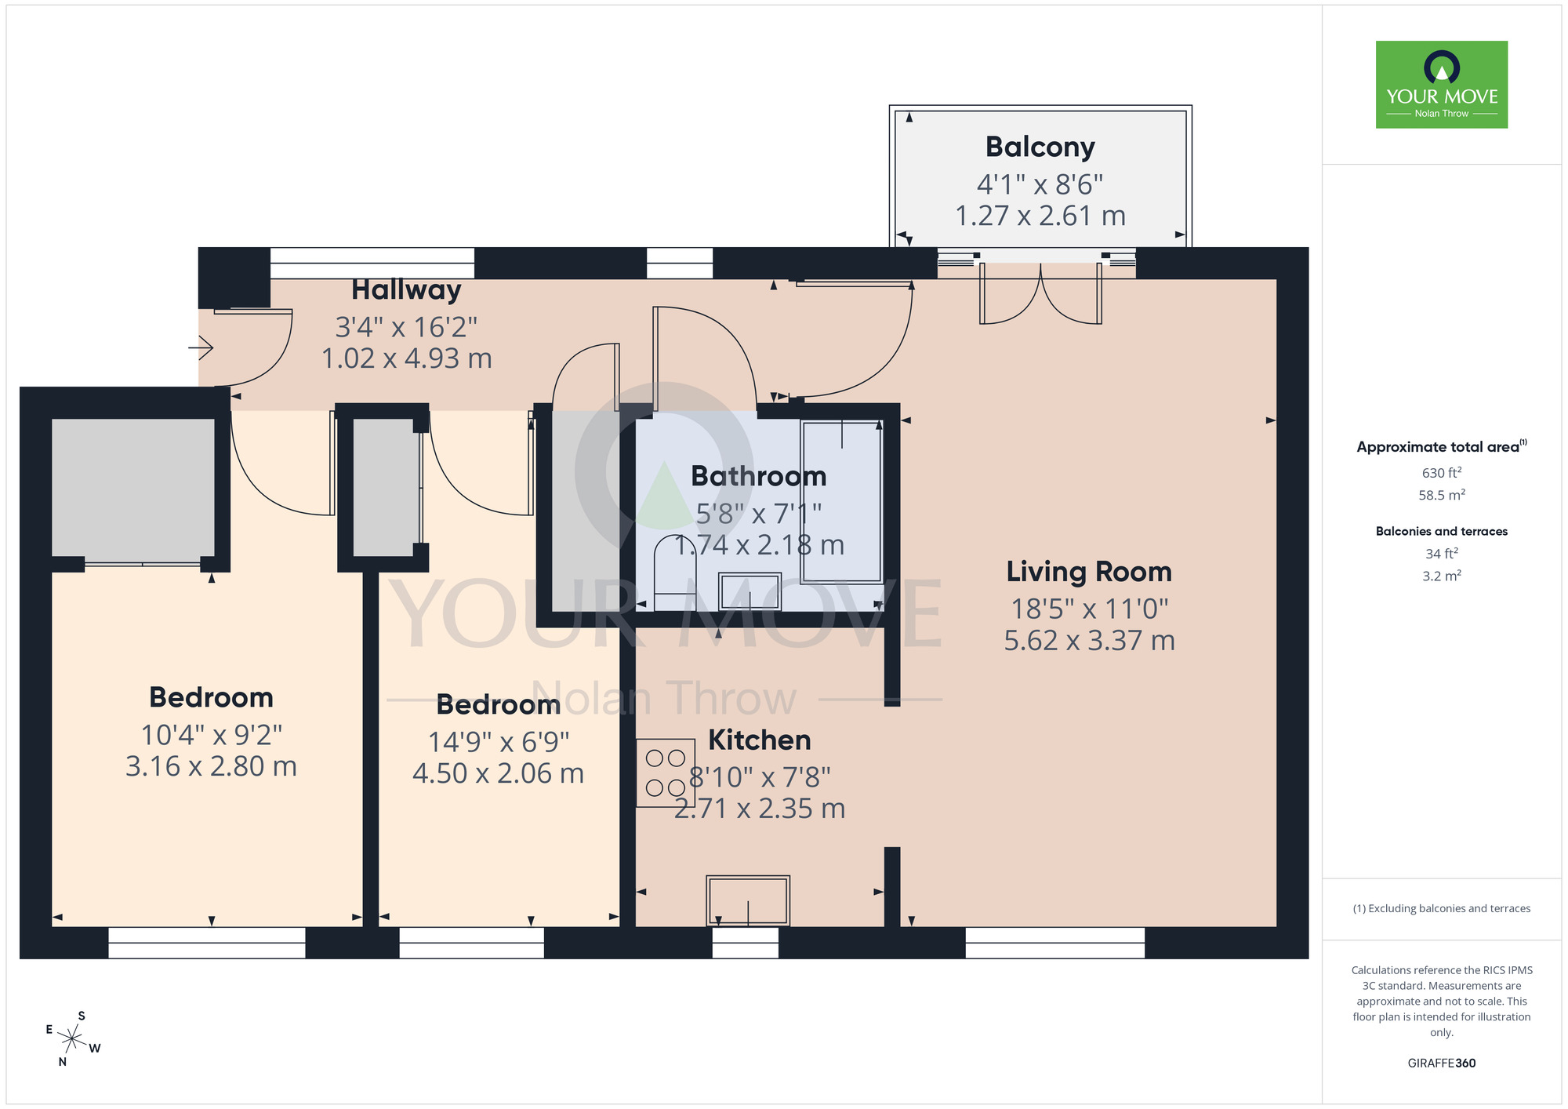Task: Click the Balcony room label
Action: point(1040,147)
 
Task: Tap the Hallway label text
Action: point(406,289)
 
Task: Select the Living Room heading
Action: point(1089,572)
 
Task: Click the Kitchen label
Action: point(759,740)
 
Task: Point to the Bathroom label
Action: point(758,476)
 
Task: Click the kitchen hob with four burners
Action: point(666,773)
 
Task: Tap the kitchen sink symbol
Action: point(748,900)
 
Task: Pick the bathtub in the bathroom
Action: point(841,502)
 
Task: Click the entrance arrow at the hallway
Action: point(201,347)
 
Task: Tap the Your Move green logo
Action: point(1441,85)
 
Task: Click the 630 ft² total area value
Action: point(1441,473)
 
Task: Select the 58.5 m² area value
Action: point(1441,496)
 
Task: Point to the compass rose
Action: point(72,1040)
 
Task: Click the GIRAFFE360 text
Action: point(1441,1064)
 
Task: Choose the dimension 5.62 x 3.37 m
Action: point(1089,641)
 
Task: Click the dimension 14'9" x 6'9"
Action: point(499,742)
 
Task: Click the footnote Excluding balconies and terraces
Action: point(1441,909)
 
